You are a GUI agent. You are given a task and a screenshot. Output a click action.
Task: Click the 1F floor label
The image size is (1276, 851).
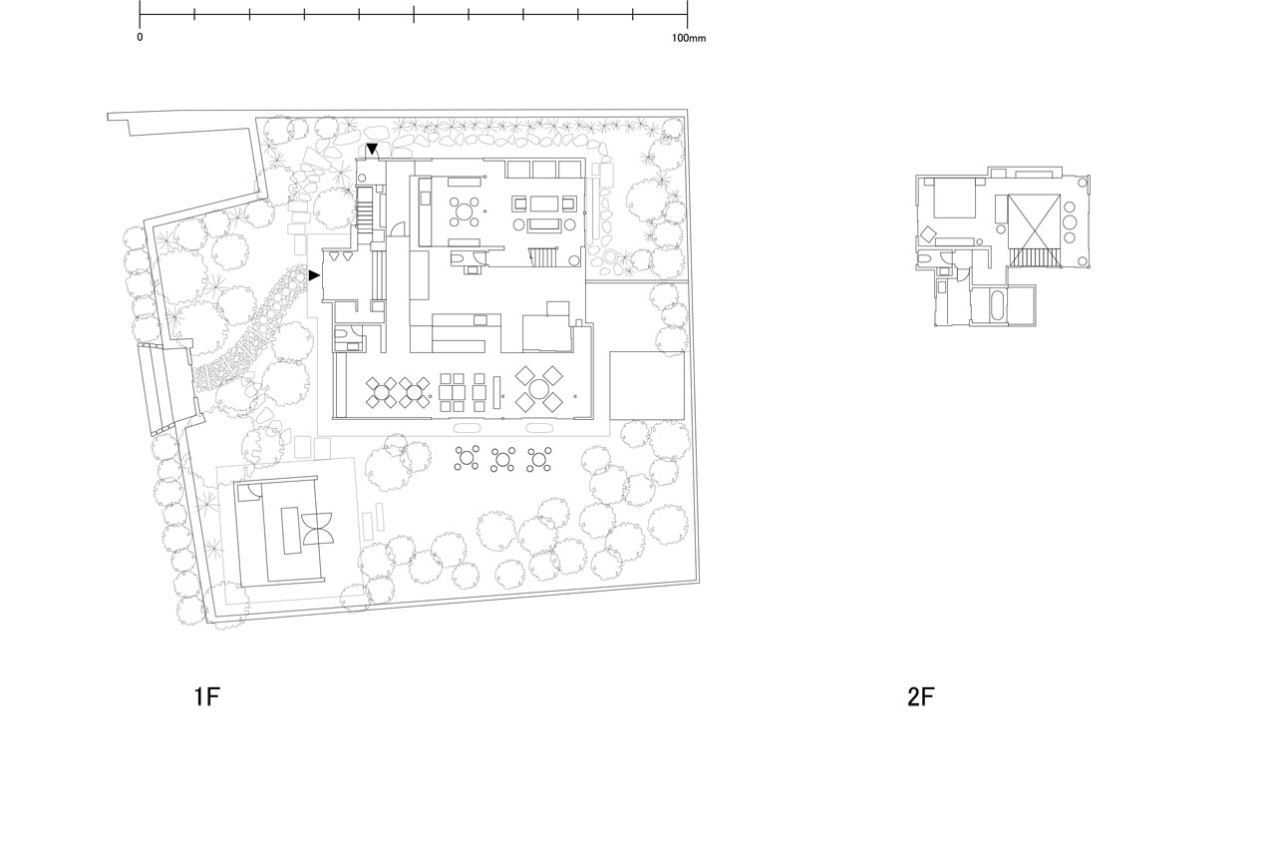[x=206, y=696]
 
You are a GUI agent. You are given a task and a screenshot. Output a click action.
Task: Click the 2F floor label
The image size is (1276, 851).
[x=920, y=696]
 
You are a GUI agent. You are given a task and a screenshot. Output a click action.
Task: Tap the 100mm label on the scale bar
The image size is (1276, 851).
[x=689, y=38]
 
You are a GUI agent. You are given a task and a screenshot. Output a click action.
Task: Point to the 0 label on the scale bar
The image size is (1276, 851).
[x=140, y=38]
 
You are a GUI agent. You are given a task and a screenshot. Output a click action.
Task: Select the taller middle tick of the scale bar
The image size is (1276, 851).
[x=414, y=14]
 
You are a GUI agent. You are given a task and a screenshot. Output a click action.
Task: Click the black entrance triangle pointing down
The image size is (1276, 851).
[x=372, y=149]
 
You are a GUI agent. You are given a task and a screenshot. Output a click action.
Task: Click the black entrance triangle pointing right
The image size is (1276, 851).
[x=314, y=275]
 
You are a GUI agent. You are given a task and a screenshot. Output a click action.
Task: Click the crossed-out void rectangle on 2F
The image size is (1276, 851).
[x=1034, y=221]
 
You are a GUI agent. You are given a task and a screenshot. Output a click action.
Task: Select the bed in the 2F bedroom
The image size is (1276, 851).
[x=954, y=198]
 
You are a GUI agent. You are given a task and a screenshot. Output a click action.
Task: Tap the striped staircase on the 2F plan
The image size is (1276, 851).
[x=1035, y=257]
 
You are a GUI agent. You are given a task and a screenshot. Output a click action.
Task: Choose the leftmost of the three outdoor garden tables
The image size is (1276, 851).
[x=467, y=458]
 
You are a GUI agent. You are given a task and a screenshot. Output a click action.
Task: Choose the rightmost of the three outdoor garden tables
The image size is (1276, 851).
[x=539, y=459]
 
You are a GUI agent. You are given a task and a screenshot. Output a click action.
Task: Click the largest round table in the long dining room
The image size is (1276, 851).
[x=538, y=389]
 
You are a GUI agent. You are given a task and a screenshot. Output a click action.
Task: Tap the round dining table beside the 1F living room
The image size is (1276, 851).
[x=466, y=212]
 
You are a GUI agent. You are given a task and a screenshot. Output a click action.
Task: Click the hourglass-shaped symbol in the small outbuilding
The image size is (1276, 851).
[x=317, y=529]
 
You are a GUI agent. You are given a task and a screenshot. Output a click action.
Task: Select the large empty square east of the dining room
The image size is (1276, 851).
[x=647, y=386]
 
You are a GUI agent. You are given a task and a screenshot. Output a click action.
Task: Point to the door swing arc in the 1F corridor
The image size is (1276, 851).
[x=397, y=228]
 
